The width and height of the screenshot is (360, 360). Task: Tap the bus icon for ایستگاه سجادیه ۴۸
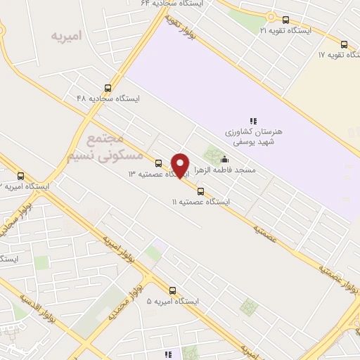[x=108, y=88]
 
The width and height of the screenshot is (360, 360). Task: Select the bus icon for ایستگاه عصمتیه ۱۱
[x=201, y=191]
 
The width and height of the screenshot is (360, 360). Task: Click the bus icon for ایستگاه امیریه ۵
[x=172, y=290]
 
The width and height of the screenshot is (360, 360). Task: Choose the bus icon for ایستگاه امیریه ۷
[x=20, y=176]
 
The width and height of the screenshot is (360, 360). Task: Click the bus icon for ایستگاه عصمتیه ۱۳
[x=158, y=163]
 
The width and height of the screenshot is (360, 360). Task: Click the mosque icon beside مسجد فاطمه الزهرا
[x=224, y=159]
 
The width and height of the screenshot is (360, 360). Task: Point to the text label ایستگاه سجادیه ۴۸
[x=108, y=99]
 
